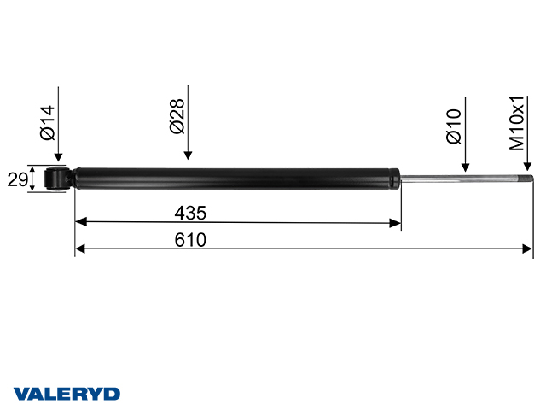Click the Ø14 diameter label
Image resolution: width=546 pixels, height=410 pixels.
(x=46, y=123)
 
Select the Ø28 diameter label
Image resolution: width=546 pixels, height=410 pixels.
(x=177, y=116)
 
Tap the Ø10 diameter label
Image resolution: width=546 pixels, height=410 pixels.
(x=454, y=125)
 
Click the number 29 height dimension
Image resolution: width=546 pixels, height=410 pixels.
(x=15, y=179)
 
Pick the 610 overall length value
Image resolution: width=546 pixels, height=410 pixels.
(x=190, y=239)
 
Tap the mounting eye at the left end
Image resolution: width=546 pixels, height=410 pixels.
(x=56, y=179)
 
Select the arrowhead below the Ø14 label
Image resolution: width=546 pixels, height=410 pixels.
(x=58, y=157)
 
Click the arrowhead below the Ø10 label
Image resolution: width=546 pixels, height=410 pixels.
(x=465, y=167)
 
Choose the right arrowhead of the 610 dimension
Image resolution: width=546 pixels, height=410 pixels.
(x=527, y=249)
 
